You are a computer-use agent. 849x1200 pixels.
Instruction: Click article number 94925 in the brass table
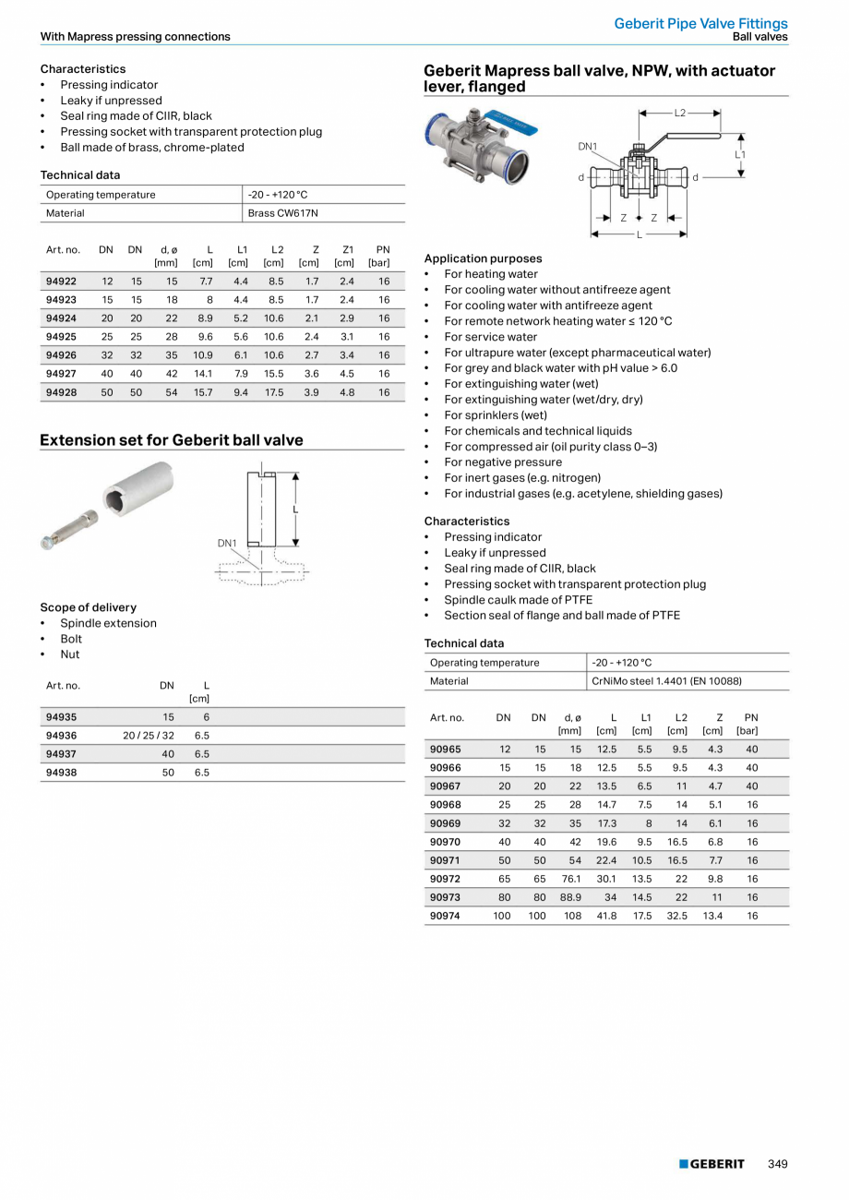61,337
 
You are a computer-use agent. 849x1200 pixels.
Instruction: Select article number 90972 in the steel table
446,879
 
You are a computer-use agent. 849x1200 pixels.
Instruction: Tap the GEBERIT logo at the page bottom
711,1164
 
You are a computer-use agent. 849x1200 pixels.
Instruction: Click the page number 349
777,1164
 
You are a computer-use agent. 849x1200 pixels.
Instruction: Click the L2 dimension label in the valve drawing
680,113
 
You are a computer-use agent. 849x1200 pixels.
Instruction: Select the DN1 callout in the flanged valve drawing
588,146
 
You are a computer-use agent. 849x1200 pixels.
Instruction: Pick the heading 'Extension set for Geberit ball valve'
172,440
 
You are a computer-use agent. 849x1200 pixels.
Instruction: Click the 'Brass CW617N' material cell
283,213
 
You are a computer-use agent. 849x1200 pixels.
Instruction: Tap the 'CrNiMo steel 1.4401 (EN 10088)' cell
666,681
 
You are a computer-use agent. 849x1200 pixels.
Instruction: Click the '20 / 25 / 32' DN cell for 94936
149,736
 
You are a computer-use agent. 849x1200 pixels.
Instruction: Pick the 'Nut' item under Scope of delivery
70,654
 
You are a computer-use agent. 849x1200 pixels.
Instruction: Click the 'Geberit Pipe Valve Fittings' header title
700,23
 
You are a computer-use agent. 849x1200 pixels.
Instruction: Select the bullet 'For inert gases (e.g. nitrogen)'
522,478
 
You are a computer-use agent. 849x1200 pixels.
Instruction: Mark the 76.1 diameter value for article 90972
571,879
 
